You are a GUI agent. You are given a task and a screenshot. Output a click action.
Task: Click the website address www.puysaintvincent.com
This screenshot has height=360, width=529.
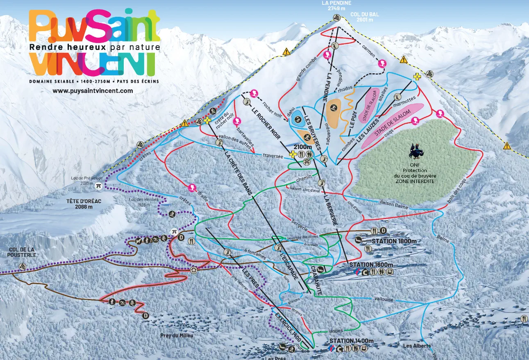click(x=93, y=91)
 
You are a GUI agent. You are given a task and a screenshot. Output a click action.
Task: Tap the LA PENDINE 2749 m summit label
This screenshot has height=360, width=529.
click(x=336, y=5)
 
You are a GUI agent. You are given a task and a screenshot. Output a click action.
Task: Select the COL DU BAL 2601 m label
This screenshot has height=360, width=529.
click(x=364, y=17)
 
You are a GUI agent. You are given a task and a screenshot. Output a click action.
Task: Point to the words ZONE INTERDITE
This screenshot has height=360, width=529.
click(x=415, y=181)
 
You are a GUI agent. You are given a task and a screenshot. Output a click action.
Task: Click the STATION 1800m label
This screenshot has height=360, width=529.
click(x=394, y=241)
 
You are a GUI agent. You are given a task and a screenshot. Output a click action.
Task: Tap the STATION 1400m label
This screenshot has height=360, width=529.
click(x=351, y=341)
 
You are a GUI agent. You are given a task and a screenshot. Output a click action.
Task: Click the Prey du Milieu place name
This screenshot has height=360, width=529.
click(x=177, y=335)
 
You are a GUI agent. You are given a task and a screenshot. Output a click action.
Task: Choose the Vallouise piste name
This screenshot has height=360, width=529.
click(x=383, y=299)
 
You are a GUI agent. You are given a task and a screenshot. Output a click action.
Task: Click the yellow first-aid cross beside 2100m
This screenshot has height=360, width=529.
click(x=293, y=155)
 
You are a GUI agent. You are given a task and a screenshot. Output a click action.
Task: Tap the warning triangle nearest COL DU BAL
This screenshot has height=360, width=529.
click(x=404, y=60)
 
